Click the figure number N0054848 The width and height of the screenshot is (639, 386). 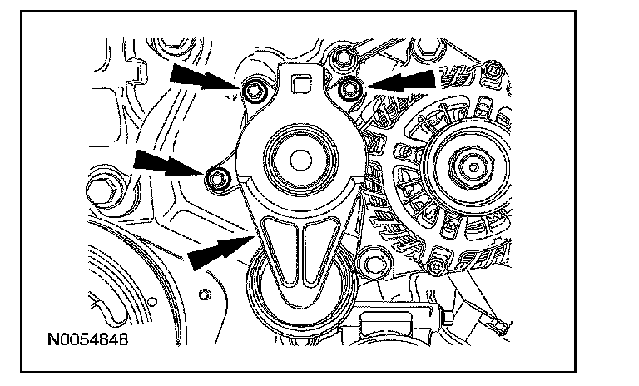(x=87, y=339)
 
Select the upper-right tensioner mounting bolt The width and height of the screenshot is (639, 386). (x=349, y=88)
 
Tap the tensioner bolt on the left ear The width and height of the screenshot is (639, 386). (x=217, y=179)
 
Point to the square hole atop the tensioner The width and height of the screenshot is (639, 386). (x=301, y=84)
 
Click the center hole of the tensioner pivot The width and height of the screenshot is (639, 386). (x=300, y=161)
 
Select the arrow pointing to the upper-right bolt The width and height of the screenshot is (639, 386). (x=401, y=81)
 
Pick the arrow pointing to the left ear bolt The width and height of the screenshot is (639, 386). (x=169, y=163)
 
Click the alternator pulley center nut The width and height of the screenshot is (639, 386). (x=473, y=167)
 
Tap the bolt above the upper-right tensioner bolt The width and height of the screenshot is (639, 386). (x=343, y=58)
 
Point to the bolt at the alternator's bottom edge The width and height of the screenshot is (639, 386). (x=437, y=267)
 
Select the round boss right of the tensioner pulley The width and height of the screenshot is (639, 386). (x=374, y=264)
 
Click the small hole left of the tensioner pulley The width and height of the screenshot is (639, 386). (x=206, y=294)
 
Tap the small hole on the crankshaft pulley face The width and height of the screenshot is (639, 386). (x=152, y=302)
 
